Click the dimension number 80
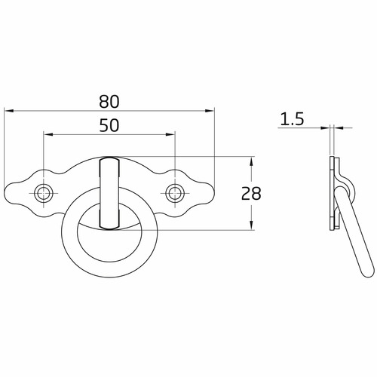coord(109,102)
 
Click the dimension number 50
coord(109,126)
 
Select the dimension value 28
coord(251,194)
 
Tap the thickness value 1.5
coord(292,119)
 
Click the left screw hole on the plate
coord(44,193)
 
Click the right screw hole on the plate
coord(175,193)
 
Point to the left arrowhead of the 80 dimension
coord(9,111)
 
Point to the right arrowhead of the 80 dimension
coord(210,111)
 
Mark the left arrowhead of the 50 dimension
coord(48,135)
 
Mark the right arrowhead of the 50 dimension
coord(170,135)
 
